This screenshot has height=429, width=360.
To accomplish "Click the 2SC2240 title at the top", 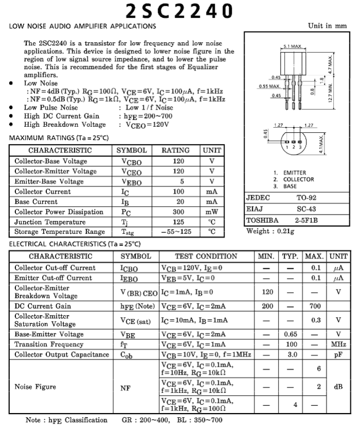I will pyautogui.click(x=179, y=10).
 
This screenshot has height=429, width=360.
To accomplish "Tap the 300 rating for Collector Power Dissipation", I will pyautogui.click(x=178, y=212).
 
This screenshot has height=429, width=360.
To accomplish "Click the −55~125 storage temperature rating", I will pyautogui.click(x=178, y=232).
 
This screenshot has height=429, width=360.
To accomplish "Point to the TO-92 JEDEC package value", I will pyautogui.click(x=307, y=198).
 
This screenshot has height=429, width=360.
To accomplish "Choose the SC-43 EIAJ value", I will pyautogui.click(x=307, y=209).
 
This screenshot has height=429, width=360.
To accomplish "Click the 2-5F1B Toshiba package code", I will pyautogui.click(x=307, y=220).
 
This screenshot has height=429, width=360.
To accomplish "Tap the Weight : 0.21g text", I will pyautogui.click(x=270, y=231).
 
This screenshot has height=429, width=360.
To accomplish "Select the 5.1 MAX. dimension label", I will pyautogui.click(x=293, y=46).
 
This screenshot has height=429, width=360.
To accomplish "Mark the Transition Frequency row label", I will pyautogui.click(x=49, y=344).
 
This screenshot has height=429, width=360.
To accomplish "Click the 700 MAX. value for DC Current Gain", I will pyautogui.click(x=315, y=306).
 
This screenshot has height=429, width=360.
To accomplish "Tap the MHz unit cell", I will pyautogui.click(x=338, y=344).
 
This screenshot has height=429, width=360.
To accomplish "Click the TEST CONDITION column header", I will pyautogui.click(x=206, y=256).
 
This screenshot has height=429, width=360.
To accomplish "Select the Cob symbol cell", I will pyautogui.click(x=128, y=354).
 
